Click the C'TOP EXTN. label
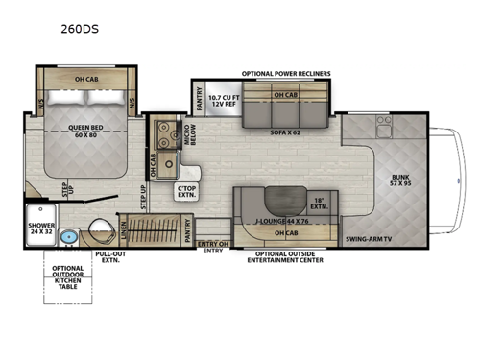pos(185,191)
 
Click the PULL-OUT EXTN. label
pos(109,256)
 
